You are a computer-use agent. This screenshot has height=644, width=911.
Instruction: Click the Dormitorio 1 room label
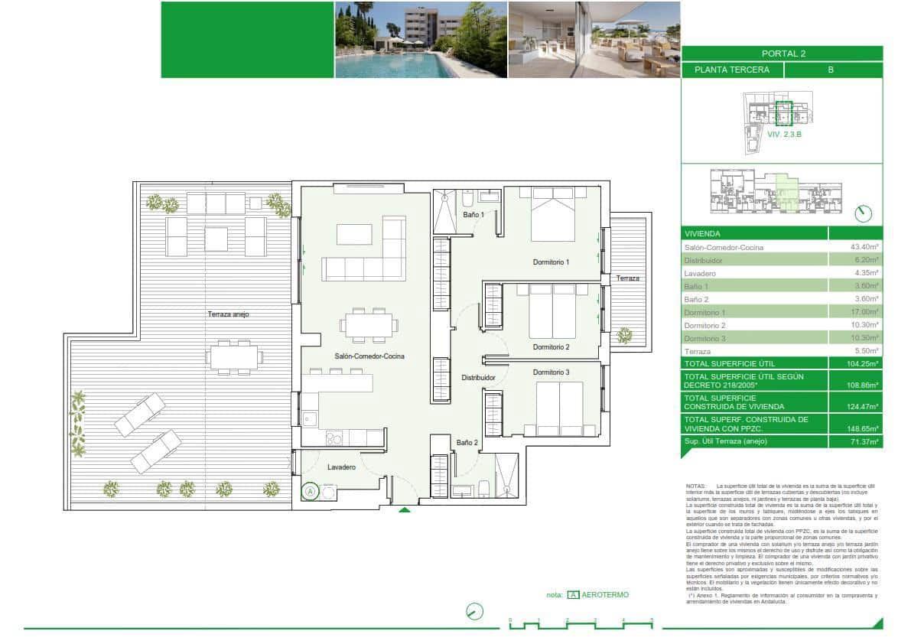(x=551, y=262)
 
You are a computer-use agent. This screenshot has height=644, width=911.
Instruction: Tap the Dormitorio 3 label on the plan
(x=551, y=372)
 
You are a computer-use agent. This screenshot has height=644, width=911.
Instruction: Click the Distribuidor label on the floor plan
(x=478, y=378)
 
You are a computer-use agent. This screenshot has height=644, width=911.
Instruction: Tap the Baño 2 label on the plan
(x=467, y=443)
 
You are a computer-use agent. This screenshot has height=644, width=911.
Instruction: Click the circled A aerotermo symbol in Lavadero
(x=311, y=492)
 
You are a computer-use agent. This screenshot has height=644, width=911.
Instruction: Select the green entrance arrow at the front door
(x=405, y=509)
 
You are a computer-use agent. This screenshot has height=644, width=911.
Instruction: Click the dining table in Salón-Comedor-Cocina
(x=370, y=324)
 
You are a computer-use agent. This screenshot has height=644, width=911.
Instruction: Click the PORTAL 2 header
(x=783, y=54)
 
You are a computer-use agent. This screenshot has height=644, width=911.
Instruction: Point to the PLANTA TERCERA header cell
(x=733, y=70)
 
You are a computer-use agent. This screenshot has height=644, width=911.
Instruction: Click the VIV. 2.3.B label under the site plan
(x=784, y=135)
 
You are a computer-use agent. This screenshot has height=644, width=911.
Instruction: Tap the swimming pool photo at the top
(x=421, y=40)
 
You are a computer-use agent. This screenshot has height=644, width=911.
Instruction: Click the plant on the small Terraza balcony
(x=625, y=335)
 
